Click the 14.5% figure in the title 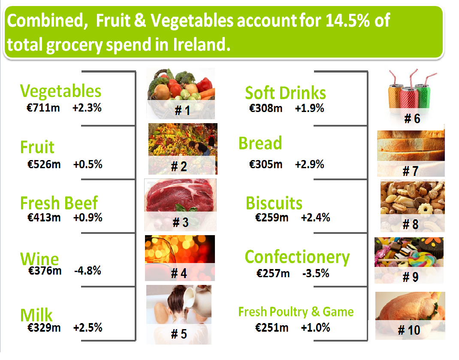[x=353, y=20]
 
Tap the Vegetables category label [x=60, y=91]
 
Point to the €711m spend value [x=43, y=108]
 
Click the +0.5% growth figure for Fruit [x=88, y=164]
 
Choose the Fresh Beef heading [x=59, y=203]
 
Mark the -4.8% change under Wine [x=87, y=271]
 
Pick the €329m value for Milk [x=44, y=328]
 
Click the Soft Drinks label [x=285, y=93]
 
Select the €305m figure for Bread [x=266, y=164]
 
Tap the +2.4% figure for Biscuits [x=315, y=218]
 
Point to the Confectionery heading [x=297, y=257]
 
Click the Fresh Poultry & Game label [x=296, y=312]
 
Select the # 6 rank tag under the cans [x=412, y=118]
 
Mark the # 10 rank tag [x=409, y=330]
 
